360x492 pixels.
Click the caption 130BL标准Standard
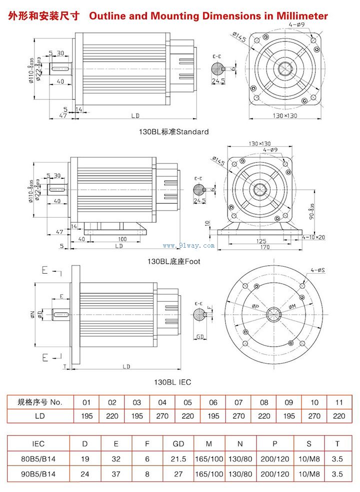[173, 132]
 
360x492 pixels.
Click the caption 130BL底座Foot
[173, 261]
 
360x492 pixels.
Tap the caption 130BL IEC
[172, 382]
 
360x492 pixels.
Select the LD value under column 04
[162, 416]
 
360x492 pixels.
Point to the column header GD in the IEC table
[178, 443]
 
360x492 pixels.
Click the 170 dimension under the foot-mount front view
[265, 247]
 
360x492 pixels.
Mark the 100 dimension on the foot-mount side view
[122, 239]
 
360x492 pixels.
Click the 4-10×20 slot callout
[313, 237]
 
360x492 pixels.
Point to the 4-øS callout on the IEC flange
[318, 270]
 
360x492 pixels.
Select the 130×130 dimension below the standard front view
[284, 116]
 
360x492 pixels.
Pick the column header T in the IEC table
[337, 443]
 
